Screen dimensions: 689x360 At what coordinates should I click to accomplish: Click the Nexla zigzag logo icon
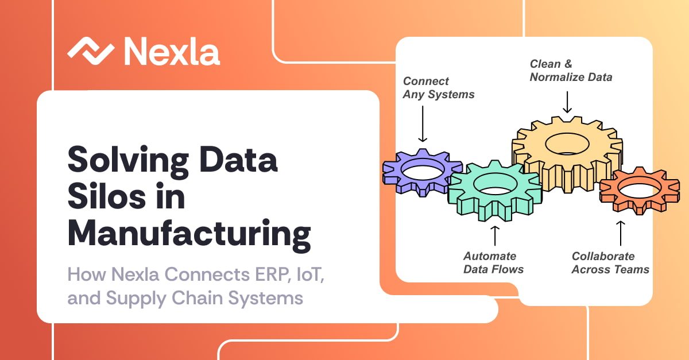(x=91, y=51)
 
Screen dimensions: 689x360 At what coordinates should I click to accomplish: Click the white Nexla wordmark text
(x=172, y=51)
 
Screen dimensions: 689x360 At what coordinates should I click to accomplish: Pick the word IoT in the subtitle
(x=311, y=274)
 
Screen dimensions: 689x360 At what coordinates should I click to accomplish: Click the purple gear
(x=422, y=172)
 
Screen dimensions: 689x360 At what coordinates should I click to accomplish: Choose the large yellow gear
(x=567, y=154)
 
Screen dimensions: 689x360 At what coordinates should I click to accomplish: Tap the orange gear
(x=640, y=191)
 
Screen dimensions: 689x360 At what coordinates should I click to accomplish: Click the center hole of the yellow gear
(x=567, y=144)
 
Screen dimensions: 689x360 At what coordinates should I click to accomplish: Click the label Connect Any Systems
(x=439, y=88)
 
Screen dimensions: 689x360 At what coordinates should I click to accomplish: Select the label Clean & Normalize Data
(x=571, y=71)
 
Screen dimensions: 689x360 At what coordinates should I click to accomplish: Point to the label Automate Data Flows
(x=493, y=263)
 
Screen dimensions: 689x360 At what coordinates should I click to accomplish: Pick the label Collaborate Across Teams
(x=610, y=263)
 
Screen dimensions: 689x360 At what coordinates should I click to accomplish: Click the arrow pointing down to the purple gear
(x=423, y=123)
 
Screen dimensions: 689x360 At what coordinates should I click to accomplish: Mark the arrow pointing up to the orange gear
(x=621, y=233)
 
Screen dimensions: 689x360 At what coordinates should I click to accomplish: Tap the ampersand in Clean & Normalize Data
(x=568, y=64)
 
